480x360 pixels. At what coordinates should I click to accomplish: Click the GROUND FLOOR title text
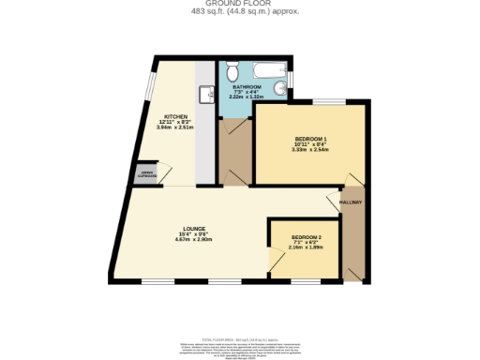tap(239, 4)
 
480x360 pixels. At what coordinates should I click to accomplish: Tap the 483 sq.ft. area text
tap(239, 12)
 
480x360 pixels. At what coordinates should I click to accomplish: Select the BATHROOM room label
tap(247, 86)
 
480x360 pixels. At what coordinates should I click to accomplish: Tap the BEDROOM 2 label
tap(306, 236)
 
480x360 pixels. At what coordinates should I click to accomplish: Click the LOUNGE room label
tap(195, 228)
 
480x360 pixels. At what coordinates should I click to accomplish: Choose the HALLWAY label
tap(351, 202)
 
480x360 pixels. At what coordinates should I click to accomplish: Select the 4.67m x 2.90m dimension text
tap(195, 240)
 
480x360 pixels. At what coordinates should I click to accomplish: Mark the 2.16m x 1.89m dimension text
tap(306, 247)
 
